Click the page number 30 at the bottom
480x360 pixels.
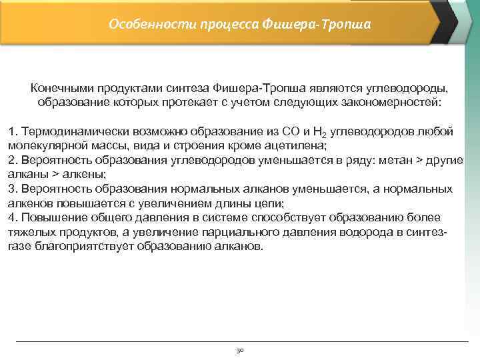click(240, 349)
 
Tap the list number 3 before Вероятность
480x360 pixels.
click(11, 189)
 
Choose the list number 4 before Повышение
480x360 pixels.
click(11, 218)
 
